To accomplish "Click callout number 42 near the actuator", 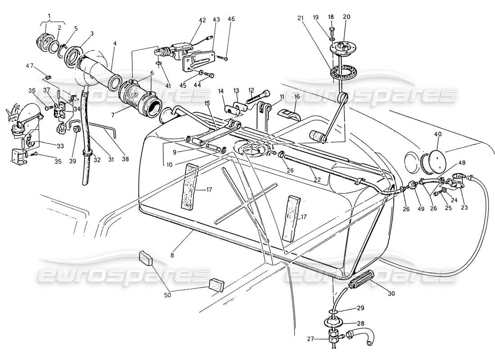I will [202, 20].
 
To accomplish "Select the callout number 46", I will [231, 19].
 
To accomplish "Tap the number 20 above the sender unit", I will [346, 17].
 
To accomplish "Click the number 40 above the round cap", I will [437, 134].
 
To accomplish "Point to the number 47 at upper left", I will [29, 66].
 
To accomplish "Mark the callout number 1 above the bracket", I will [49, 16].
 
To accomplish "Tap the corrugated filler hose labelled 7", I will [139, 95].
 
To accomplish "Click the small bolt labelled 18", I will [332, 31].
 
